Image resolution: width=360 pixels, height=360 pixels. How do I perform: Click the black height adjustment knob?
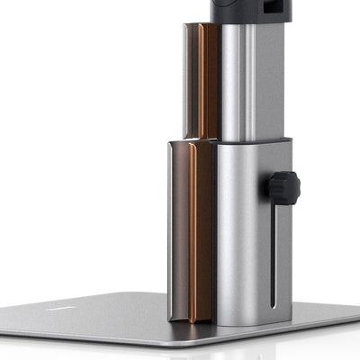click(x=283, y=188)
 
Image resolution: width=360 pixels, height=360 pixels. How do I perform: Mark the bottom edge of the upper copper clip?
click(x=208, y=137)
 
